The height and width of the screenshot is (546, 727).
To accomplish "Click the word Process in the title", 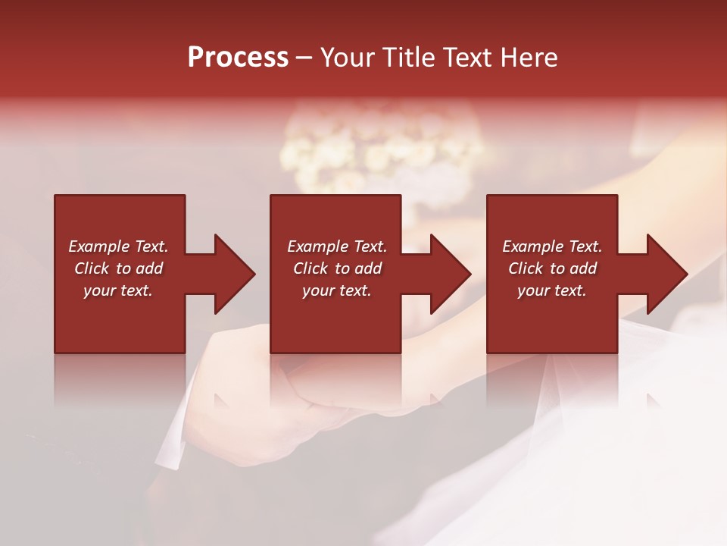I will (238, 58).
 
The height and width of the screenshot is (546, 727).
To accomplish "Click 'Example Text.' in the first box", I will (118, 246).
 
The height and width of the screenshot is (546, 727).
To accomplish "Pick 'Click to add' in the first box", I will (118, 268).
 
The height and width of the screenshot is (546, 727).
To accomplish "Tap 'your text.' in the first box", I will (118, 290).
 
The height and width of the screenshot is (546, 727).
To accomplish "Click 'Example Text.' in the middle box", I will (336, 246).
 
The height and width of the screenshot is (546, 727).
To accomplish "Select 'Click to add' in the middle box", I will (336, 268).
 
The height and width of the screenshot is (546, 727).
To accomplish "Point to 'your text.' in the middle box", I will (336, 290).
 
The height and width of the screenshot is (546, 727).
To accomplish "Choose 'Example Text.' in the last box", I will (551, 246).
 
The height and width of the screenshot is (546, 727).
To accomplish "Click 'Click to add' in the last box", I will (551, 268).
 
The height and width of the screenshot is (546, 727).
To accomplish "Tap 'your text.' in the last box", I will (551, 290).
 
